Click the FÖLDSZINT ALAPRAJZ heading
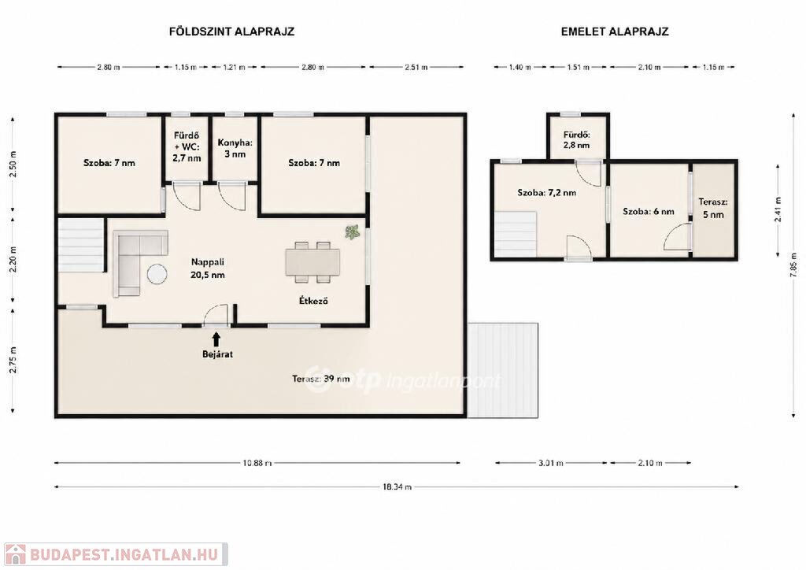(232, 31)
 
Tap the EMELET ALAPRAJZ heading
(615, 31)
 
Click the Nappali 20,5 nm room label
(208, 268)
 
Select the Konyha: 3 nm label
(235, 149)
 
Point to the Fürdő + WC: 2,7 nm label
(187, 147)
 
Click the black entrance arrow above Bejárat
(216, 339)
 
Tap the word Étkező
(313, 301)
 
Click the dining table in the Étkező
(312, 262)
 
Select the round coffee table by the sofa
(157, 273)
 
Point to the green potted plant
(353, 231)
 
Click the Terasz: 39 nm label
(321, 379)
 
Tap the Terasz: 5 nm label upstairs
(713, 208)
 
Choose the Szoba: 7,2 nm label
(546, 193)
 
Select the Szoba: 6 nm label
(649, 211)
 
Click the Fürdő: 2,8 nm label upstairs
(576, 140)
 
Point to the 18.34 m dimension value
(397, 487)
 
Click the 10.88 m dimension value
(257, 463)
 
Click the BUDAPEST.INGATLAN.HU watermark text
(124, 554)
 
